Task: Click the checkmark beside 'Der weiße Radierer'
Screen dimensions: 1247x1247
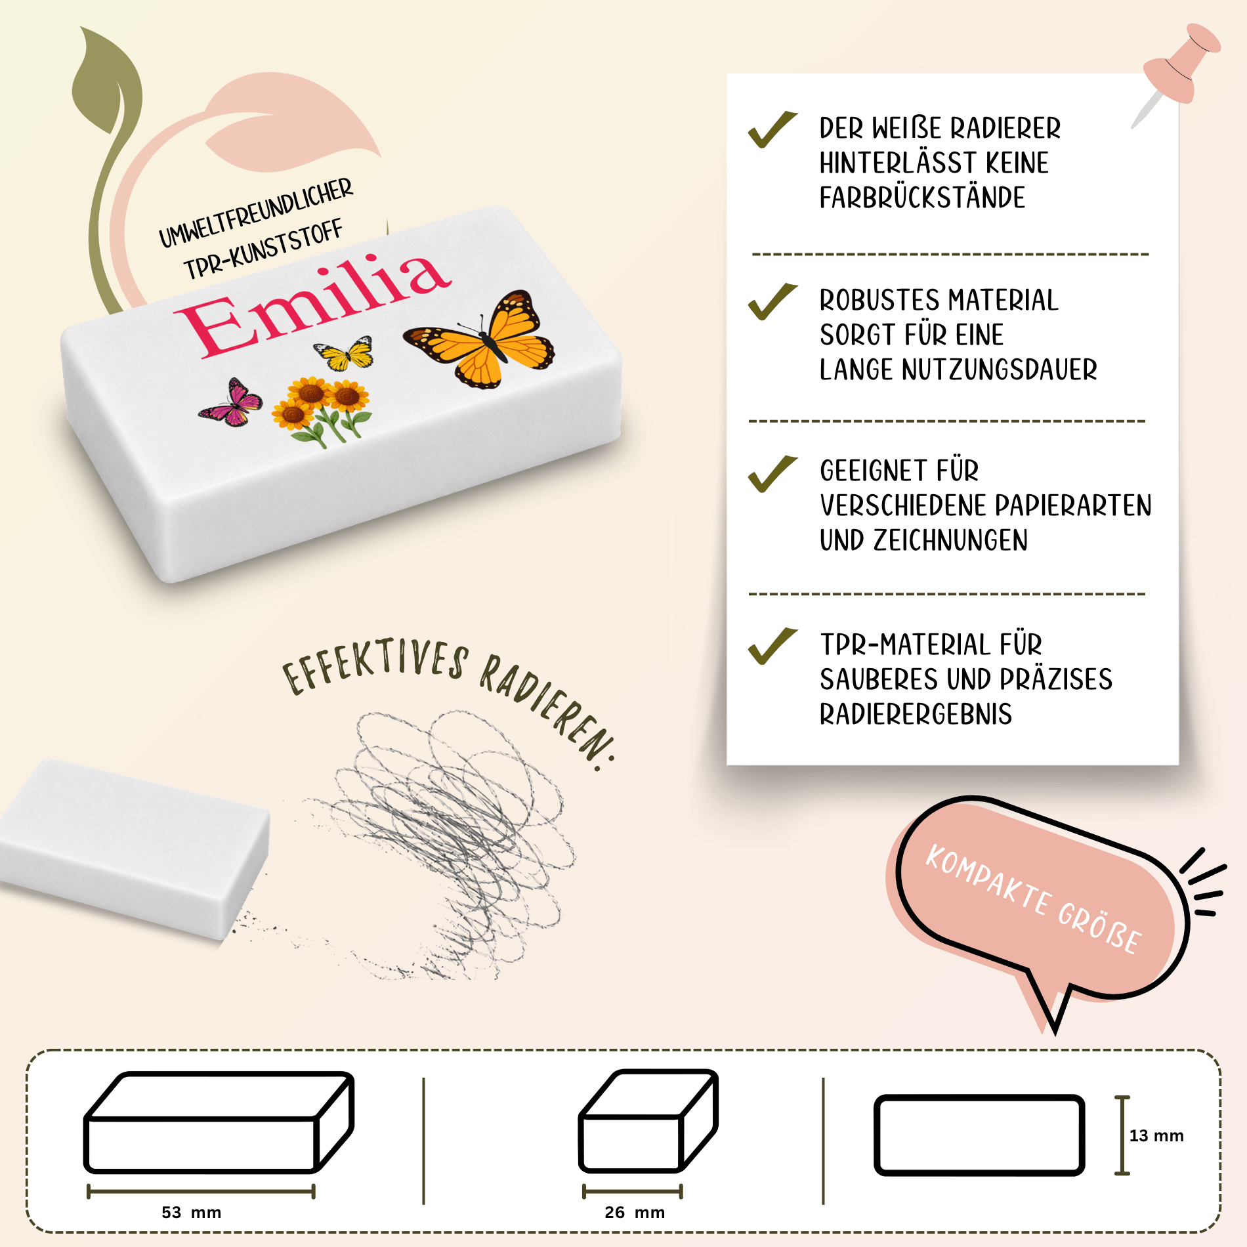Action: [x=772, y=129]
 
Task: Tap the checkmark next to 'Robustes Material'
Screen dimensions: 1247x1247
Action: [x=772, y=302]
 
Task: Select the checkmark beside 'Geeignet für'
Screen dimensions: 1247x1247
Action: [x=772, y=474]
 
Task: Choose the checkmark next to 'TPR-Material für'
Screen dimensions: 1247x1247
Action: [x=772, y=646]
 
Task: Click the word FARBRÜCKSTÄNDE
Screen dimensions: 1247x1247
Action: [x=922, y=198]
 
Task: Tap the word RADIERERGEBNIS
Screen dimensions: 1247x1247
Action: [x=916, y=714]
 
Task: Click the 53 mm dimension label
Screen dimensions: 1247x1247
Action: [x=191, y=1212]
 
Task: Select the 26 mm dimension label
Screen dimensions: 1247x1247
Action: [x=635, y=1212]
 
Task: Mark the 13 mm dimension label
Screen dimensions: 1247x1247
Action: [x=1156, y=1135]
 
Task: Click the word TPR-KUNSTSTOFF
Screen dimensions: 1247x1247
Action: [x=263, y=249]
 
